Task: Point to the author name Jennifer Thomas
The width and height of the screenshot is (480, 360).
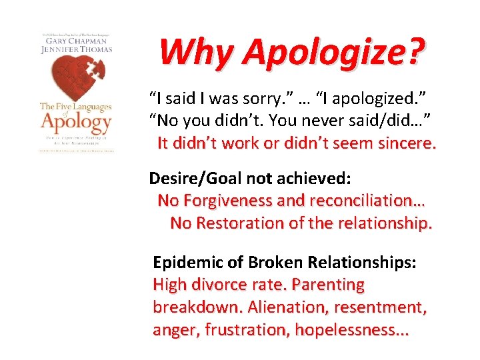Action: click(x=75, y=49)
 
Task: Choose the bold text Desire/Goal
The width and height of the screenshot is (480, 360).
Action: click(x=189, y=178)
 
